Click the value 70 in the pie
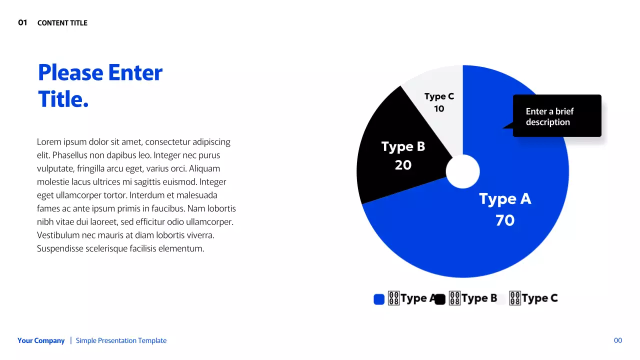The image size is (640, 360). [505, 220]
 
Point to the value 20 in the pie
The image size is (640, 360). [403, 165]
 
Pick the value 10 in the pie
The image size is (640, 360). [439, 109]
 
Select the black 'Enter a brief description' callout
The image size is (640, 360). [557, 116]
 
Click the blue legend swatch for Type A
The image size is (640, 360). [379, 299]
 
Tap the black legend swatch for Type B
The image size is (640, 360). [440, 299]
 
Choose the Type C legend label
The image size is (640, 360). [539, 298]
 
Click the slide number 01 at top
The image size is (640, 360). [22, 22]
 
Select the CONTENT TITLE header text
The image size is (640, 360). [62, 23]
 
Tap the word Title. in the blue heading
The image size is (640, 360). [63, 99]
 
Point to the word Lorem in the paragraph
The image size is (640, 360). [48, 142]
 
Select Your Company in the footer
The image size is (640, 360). [41, 340]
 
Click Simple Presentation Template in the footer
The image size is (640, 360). [121, 340]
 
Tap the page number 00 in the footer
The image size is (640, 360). [618, 340]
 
